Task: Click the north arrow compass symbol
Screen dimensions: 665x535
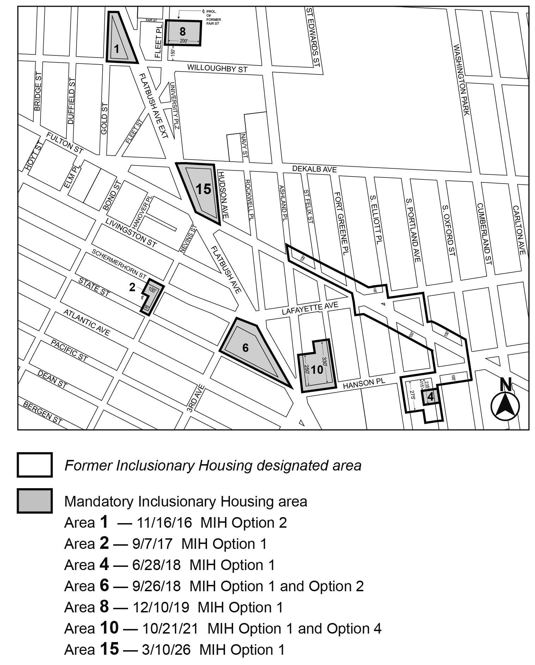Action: pyautogui.click(x=505, y=404)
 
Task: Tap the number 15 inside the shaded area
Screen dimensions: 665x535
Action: pyautogui.click(x=203, y=189)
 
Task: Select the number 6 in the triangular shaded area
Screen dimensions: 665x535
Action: pyautogui.click(x=245, y=348)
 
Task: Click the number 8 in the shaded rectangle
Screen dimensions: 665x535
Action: pyautogui.click(x=182, y=31)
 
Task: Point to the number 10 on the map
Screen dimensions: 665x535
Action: pyautogui.click(x=317, y=369)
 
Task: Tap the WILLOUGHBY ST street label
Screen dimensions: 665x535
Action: pyautogui.click(x=217, y=68)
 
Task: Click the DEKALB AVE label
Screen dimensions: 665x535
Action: pyautogui.click(x=314, y=169)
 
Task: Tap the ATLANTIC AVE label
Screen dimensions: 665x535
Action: pyautogui.click(x=87, y=323)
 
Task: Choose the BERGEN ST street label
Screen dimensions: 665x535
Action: pyautogui.click(x=43, y=413)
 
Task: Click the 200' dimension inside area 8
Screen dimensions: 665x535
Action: pyautogui.click(x=184, y=41)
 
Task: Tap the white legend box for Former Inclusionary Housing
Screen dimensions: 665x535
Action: pyautogui.click(x=35, y=465)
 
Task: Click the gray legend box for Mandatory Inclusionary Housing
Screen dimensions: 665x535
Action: pyautogui.click(x=35, y=501)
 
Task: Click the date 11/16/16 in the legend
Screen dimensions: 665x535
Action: pyautogui.click(x=164, y=523)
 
